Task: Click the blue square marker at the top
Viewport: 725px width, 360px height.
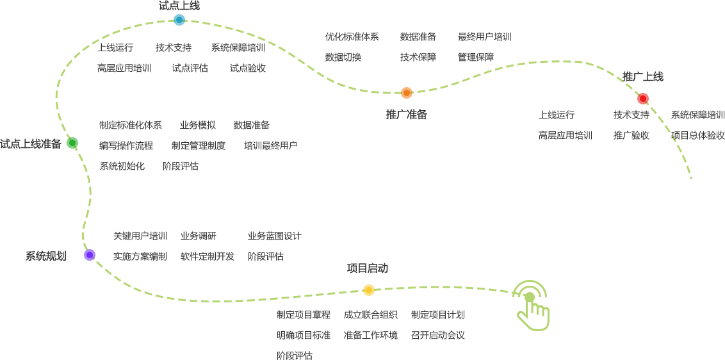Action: coord(179,20)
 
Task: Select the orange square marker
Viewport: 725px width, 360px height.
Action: coord(407,93)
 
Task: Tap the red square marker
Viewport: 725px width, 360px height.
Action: coord(643,99)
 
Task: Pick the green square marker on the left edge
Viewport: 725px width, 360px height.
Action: coord(72,143)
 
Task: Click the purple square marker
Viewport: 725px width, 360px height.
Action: coord(90,255)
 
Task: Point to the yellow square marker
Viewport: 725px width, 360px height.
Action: coord(368,290)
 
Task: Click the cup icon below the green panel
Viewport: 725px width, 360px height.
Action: coord(534,317)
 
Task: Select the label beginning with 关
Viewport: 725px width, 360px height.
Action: coord(140,236)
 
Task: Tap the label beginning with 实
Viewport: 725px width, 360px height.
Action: coord(140,256)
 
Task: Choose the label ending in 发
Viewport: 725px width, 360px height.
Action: coord(208,256)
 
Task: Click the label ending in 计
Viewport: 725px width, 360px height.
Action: coord(274,236)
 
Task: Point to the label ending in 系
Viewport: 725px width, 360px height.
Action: coord(131,125)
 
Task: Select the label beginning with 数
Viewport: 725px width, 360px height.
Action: coord(418,37)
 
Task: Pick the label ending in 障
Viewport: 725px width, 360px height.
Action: coord(418,57)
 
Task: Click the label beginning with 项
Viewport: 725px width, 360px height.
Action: coord(697,135)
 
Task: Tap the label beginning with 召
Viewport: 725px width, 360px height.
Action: coord(438,335)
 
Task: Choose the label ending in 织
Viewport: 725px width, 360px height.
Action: coord(371,315)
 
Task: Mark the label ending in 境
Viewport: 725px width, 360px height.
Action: coord(371,335)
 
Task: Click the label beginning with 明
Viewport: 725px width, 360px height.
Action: coord(304,335)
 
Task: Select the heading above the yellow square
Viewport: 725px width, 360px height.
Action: coord(368,268)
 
